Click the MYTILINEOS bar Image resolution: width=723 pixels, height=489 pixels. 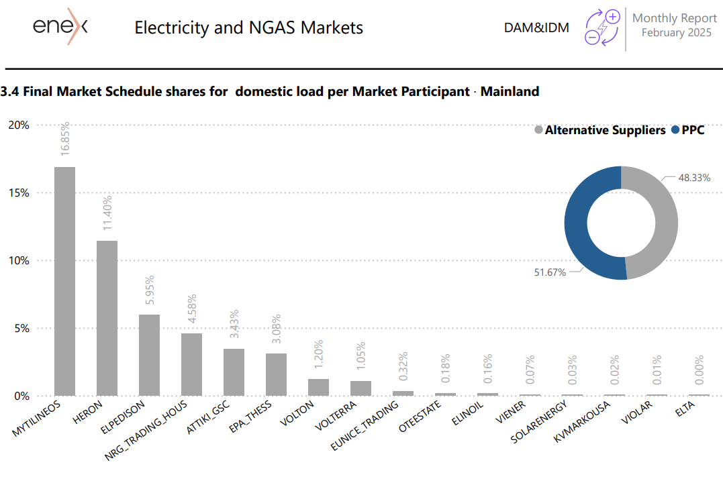(x=64, y=281)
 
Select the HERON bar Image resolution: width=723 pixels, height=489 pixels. (x=107, y=318)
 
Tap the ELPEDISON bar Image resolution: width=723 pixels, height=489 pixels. (x=150, y=356)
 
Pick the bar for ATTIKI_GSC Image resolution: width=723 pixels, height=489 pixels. (x=234, y=372)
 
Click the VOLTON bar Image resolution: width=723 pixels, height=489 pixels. (x=319, y=388)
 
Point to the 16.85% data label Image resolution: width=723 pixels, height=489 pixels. (x=65, y=138)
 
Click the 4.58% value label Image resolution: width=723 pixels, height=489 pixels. (x=192, y=309)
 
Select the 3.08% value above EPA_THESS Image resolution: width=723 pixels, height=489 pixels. (x=276, y=329)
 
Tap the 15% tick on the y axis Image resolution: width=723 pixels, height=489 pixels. (x=19, y=193)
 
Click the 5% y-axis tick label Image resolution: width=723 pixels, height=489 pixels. (x=21, y=328)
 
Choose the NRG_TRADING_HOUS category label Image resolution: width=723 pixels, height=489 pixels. (x=146, y=431)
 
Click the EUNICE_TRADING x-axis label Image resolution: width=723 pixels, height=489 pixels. (x=365, y=425)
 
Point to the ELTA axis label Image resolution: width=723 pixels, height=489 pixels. (x=685, y=409)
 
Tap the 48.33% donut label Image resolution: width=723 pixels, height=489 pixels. (x=694, y=178)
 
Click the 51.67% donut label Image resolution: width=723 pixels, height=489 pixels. (x=550, y=272)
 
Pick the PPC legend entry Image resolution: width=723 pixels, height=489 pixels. (x=688, y=130)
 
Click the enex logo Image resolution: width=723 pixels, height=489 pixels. (x=60, y=26)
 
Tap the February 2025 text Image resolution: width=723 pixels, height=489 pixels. (x=677, y=33)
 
